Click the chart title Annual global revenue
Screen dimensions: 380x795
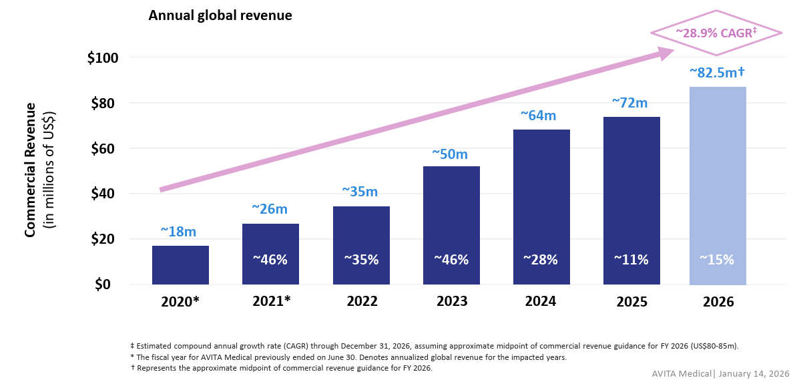220,15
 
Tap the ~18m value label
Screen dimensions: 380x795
178,232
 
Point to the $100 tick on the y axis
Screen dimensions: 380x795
103,58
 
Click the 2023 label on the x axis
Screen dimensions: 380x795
452,301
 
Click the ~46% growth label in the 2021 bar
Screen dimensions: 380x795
270,260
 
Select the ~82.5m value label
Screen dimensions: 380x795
717,72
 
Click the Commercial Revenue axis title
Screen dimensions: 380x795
30,170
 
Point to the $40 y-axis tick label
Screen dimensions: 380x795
103,194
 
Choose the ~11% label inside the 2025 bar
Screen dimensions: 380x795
631,260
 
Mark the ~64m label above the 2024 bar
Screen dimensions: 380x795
538,116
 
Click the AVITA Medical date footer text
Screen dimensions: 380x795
720,373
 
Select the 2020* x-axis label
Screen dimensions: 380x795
180,301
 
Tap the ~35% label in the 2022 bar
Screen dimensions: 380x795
361,260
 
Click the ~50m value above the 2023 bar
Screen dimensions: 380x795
450,154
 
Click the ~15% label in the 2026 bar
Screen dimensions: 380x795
717,260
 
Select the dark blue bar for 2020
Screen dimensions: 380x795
180,266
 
